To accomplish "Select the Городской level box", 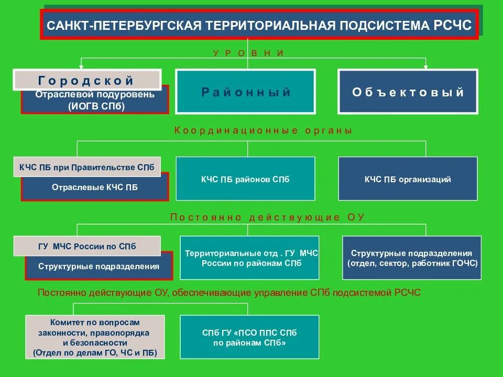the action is coord(86,80).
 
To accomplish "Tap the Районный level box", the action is coord(245,92).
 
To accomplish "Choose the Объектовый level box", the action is coord(408,92).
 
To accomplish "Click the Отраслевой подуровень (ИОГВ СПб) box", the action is coord(95,101).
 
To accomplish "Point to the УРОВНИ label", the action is coord(248,53).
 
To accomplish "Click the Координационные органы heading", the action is coord(263,130).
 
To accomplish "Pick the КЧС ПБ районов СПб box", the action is coord(245,179).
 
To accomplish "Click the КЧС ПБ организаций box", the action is coord(408,179).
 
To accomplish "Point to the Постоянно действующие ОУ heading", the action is coord(267,217).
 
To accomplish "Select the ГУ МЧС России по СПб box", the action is coord(87,246).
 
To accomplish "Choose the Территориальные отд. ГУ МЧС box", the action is coord(249,258).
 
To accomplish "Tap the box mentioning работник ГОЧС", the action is coord(412,258).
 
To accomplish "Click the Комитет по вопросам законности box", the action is coord(95,337).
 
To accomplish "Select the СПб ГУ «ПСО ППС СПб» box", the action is coord(249,337).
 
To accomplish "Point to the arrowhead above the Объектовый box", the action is coord(425,66).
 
